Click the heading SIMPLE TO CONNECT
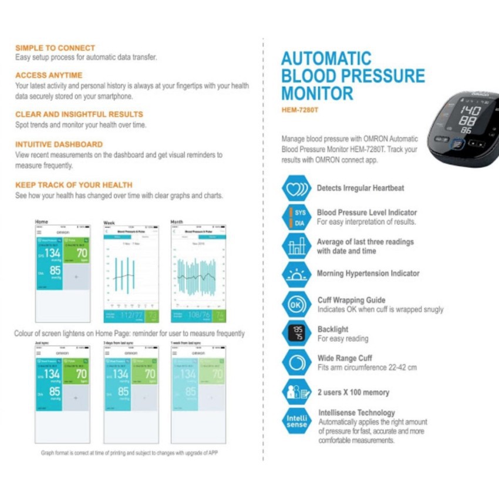pos(55,48)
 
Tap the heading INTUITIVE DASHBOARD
pos(59,144)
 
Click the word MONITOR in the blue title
pos(317,93)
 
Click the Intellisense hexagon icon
pos(297,420)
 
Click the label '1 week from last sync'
pos(186,342)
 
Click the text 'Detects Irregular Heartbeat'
pos(360,188)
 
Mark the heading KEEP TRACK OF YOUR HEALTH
pos(74,184)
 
